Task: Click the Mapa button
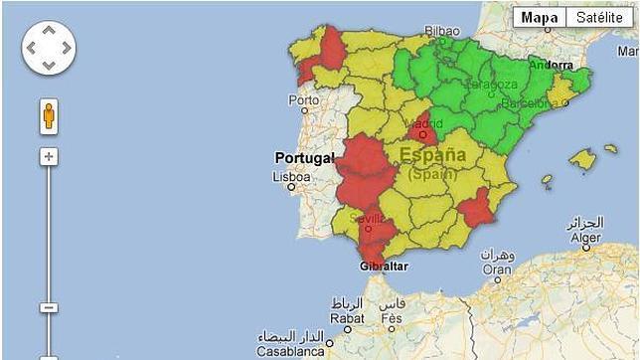click(x=539, y=18)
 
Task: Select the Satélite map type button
click(x=599, y=18)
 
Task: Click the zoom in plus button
click(x=49, y=157)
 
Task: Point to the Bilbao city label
click(x=442, y=31)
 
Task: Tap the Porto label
click(x=303, y=100)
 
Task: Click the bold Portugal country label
click(x=304, y=158)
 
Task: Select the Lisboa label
click(x=291, y=177)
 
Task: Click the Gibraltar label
click(x=383, y=267)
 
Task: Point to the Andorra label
click(x=553, y=65)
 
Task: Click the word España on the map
click(x=433, y=156)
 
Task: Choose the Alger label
click(x=584, y=238)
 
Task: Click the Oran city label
click(x=497, y=269)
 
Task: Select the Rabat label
click(x=346, y=319)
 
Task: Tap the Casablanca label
click(x=290, y=351)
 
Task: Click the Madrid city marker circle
click(x=422, y=134)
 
